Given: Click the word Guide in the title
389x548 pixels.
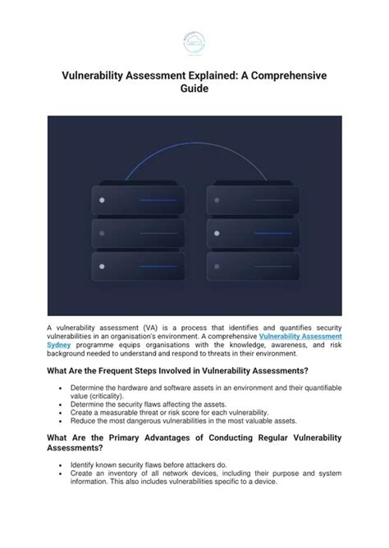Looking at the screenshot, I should point(194,90).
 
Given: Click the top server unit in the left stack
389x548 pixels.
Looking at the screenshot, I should point(136,199).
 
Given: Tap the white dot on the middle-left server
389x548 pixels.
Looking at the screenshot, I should point(103,233).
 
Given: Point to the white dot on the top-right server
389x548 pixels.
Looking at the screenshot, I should point(217,200).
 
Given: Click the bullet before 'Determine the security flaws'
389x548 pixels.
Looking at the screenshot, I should point(62,404).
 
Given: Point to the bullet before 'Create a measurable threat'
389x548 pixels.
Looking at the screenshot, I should point(62,413).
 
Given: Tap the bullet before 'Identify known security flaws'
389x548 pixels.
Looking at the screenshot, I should point(62,464).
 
